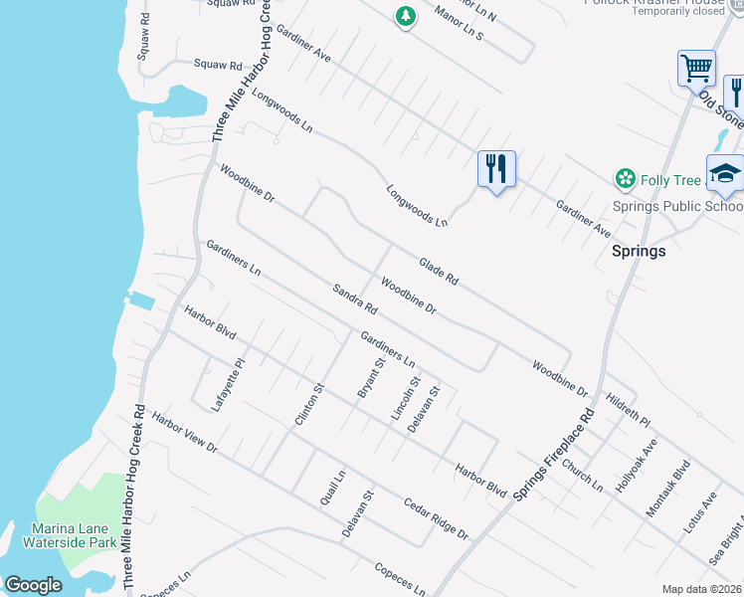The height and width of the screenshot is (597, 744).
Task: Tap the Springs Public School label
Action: (676, 207)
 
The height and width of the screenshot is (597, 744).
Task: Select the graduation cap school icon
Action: (725, 173)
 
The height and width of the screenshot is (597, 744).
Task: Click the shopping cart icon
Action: (696, 69)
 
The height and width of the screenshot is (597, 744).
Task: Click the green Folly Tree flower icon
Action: (626, 179)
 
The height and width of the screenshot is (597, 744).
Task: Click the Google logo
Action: (33, 585)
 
